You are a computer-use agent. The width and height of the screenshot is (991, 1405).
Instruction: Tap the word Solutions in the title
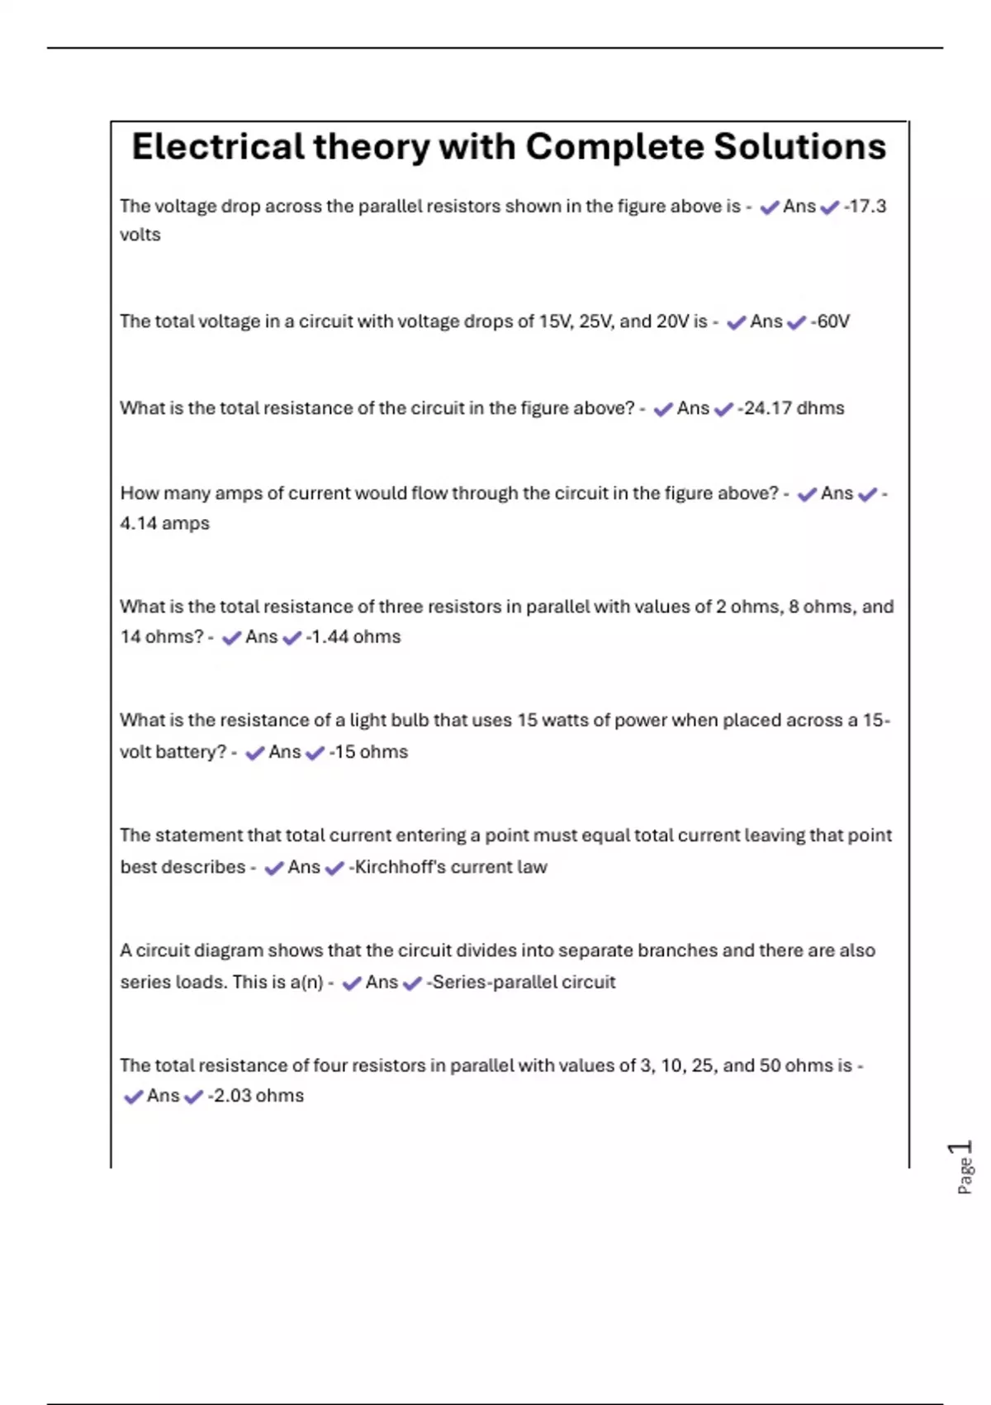click(799, 147)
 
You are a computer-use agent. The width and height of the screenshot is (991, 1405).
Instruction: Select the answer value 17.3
click(866, 206)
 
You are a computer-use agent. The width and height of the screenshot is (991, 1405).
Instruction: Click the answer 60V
click(832, 321)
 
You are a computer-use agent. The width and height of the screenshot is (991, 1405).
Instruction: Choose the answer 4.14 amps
click(164, 523)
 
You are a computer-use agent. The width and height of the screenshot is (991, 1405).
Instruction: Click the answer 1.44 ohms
click(354, 637)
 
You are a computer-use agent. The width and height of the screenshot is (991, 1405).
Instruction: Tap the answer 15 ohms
click(370, 752)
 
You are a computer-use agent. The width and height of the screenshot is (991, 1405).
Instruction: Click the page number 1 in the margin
click(960, 1148)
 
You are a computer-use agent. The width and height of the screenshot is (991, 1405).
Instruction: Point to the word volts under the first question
click(140, 235)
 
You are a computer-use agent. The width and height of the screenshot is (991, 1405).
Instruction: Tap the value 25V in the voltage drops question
click(595, 321)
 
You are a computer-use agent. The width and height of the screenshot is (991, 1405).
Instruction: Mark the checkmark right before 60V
click(796, 322)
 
